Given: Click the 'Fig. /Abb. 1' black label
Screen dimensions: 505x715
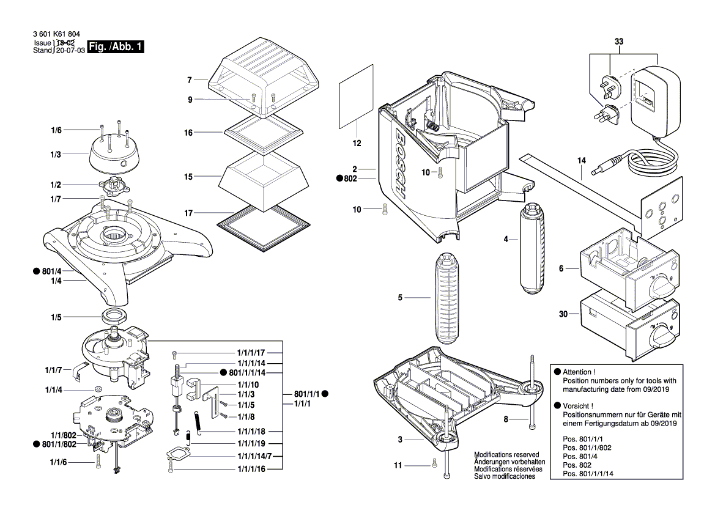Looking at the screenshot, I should pyautogui.click(x=116, y=47).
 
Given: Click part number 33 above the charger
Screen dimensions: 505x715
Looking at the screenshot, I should pyautogui.click(x=618, y=42).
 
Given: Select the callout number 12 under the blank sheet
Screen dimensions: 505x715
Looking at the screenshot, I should pyautogui.click(x=357, y=143).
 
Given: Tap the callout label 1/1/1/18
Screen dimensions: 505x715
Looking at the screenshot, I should pyautogui.click(x=251, y=431).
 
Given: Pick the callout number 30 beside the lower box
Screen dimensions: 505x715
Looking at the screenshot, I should pyautogui.click(x=563, y=314).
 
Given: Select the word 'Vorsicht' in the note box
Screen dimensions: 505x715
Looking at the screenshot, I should pyautogui.click(x=577, y=405).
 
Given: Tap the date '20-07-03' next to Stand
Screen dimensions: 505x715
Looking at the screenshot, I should pyautogui.click(x=69, y=51).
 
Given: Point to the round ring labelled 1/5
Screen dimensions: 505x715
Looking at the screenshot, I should pyautogui.click(x=114, y=317).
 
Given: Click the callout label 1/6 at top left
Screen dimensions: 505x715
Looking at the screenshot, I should pyautogui.click(x=56, y=130).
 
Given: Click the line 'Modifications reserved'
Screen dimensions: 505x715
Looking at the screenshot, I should pyautogui.click(x=506, y=455).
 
